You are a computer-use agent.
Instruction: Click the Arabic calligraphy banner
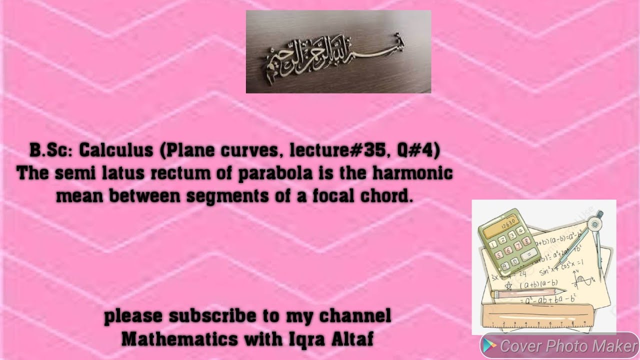point(338,51)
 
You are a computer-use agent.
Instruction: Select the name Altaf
point(351,339)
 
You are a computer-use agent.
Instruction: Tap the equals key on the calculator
point(526,254)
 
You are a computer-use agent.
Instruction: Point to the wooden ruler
point(545,318)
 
